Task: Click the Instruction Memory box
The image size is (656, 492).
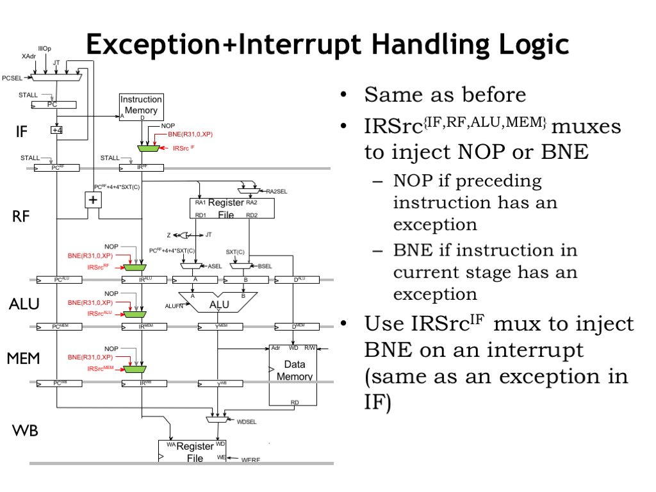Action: (x=141, y=106)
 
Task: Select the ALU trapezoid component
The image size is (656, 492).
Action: (x=218, y=303)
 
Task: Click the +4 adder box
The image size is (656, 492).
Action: (x=57, y=130)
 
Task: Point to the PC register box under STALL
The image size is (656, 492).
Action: (x=53, y=104)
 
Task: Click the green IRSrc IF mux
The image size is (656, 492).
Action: (x=149, y=148)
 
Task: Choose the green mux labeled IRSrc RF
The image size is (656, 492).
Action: (x=135, y=266)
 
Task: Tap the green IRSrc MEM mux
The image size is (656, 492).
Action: (x=135, y=369)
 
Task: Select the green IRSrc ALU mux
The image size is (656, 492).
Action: (x=135, y=314)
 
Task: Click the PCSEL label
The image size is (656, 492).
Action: (x=12, y=78)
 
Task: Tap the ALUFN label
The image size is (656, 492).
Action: (x=174, y=306)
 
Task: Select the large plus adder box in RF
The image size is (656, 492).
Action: (x=94, y=199)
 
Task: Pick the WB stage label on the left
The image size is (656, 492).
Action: (x=25, y=430)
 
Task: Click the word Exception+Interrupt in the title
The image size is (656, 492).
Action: (x=223, y=45)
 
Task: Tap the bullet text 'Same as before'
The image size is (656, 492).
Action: (x=445, y=95)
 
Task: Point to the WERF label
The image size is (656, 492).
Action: (x=251, y=460)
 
